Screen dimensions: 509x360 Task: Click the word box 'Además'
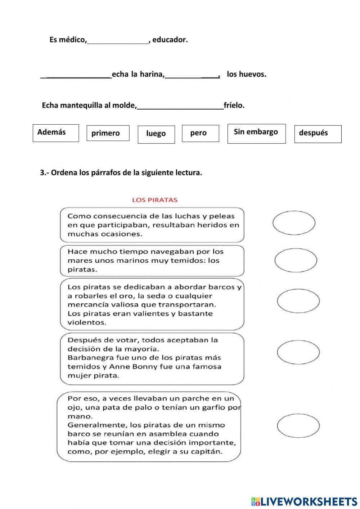point(55,133)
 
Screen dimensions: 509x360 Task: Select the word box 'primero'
point(108,133)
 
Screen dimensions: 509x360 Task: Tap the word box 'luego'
point(156,134)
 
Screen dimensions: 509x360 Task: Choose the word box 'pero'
point(200,133)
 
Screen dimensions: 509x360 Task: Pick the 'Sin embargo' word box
point(256,133)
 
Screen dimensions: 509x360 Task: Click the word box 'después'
point(318,134)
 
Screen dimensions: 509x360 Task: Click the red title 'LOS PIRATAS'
point(155,200)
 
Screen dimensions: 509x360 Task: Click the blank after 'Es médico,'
point(118,40)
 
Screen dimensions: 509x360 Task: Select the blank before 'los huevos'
point(192,75)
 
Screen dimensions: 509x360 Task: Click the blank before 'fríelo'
point(180,106)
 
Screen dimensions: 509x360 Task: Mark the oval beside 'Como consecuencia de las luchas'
point(294,223)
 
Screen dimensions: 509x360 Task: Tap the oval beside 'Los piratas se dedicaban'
point(298,301)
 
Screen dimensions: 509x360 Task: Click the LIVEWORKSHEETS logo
point(304,501)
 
